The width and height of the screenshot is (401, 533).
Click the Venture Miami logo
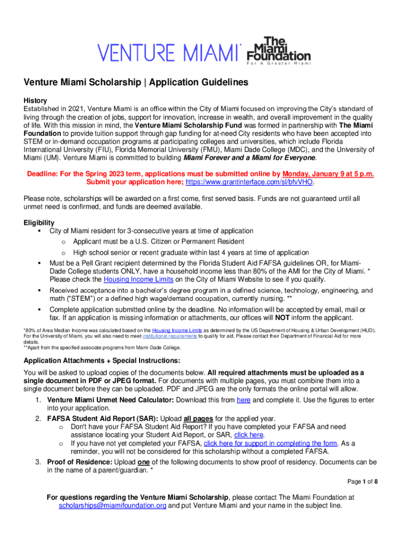point(169,52)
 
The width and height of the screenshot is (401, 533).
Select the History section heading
point(35,100)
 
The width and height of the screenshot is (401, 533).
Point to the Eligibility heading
point(39,222)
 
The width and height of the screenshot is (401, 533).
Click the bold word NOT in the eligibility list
point(282,318)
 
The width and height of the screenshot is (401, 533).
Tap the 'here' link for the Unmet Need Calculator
point(243,400)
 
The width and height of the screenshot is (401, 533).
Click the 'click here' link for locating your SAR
point(249,435)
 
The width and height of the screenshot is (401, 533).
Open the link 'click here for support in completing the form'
point(270,443)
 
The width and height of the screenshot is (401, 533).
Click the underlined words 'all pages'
point(199,418)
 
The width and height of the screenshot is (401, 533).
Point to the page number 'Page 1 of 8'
point(362,481)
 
